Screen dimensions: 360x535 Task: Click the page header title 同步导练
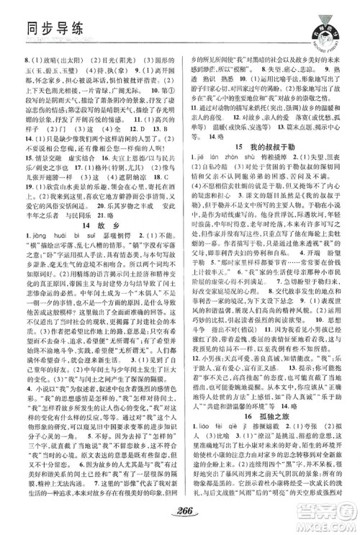[36, 27]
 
